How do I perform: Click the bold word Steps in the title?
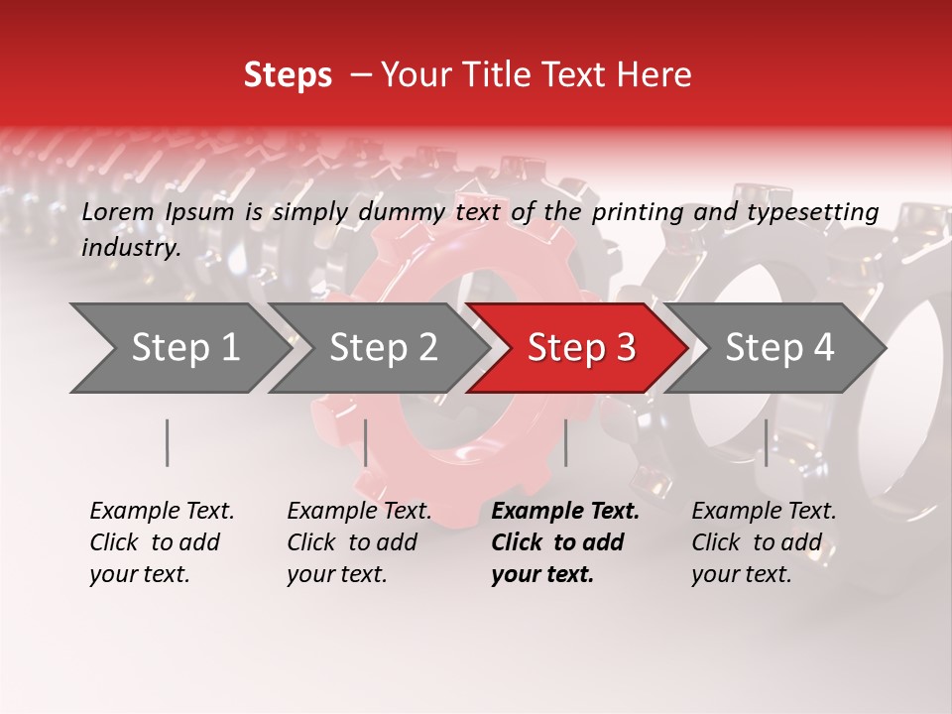click(x=288, y=75)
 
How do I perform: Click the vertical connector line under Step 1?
click(x=168, y=442)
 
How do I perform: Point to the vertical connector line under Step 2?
click(x=366, y=442)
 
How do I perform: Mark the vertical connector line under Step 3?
click(x=565, y=442)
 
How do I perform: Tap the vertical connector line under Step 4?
click(x=766, y=442)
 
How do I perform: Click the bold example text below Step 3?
click(x=565, y=542)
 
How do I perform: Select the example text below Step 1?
click(x=162, y=542)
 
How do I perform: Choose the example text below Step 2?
click(x=359, y=542)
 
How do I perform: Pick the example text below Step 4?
click(x=764, y=542)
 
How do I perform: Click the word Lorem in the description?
click(x=118, y=211)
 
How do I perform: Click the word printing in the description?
click(x=637, y=211)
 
